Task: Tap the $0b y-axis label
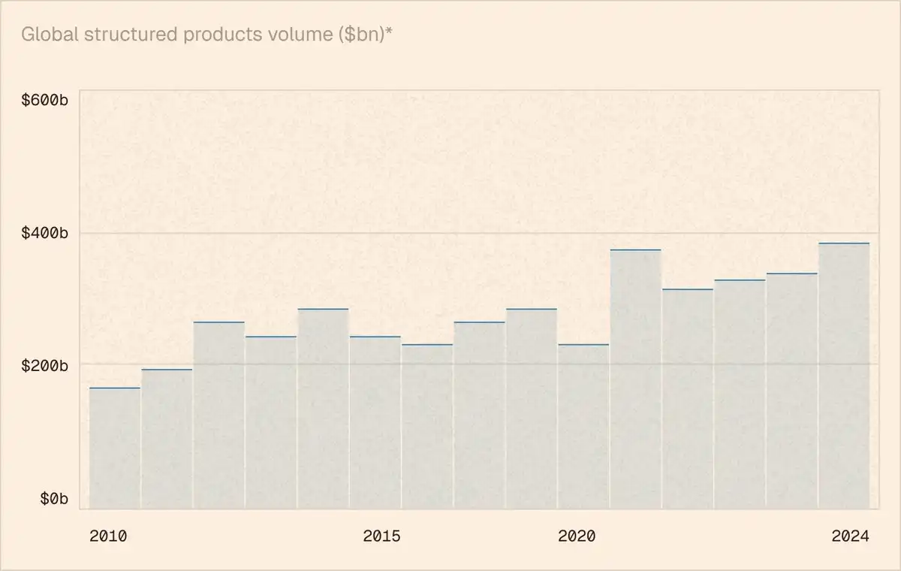(53, 499)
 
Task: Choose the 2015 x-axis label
(381, 536)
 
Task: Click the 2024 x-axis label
(850, 536)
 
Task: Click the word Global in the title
(45, 35)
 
